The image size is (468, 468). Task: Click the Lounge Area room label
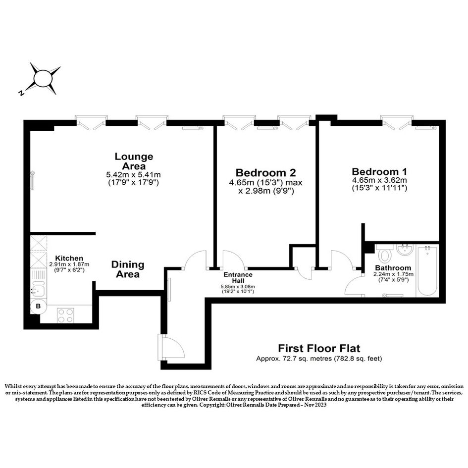134,161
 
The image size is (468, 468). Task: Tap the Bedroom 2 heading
265,173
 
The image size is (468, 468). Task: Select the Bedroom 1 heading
379,172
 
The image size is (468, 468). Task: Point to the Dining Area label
128,269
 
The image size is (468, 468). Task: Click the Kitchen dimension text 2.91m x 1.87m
69,264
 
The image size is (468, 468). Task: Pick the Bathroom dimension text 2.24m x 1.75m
393,274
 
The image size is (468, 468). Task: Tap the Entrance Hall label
238,277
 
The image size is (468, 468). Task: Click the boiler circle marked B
39,306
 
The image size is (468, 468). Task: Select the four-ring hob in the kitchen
66,315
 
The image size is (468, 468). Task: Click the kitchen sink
38,289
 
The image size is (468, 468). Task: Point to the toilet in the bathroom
384,254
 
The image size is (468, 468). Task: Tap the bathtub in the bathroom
427,271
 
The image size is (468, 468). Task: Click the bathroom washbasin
405,250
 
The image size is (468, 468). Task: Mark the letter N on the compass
21,93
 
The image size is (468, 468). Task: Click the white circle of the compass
43,79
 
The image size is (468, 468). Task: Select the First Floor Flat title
319,348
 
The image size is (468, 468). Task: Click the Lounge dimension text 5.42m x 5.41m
133,175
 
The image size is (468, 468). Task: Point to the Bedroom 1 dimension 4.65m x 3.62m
379,180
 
